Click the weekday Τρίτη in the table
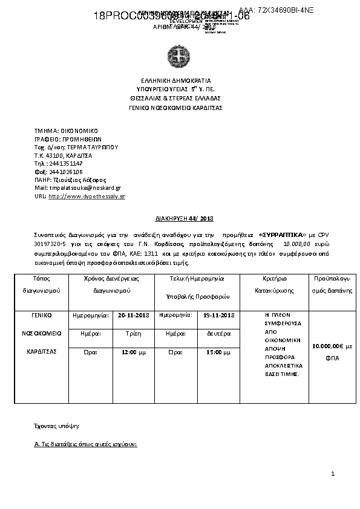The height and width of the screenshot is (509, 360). (133, 333)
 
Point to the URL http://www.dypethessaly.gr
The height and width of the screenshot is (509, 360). (87, 196)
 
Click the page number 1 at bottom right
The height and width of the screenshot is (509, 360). (332, 475)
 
